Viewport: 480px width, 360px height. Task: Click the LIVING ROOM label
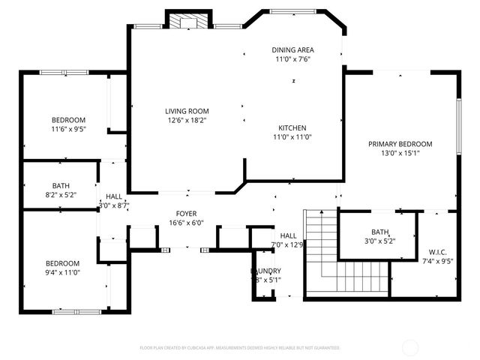tap(187, 112)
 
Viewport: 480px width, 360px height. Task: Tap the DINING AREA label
tap(292, 50)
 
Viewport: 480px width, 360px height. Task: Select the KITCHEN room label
tap(292, 127)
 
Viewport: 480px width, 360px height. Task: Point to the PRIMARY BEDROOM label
tap(400, 144)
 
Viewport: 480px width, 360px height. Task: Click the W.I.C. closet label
tap(438, 251)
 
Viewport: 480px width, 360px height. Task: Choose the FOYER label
tap(186, 214)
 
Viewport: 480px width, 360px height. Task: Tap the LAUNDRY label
tap(266, 271)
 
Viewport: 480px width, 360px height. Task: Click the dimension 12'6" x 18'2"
tap(187, 120)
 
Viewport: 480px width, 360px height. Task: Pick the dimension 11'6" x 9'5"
tap(68, 129)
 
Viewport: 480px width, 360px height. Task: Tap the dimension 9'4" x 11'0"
tap(62, 272)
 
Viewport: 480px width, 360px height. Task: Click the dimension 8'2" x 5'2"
tap(61, 194)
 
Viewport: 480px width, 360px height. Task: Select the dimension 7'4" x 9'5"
tap(438, 261)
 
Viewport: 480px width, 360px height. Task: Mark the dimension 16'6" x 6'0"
tap(186, 223)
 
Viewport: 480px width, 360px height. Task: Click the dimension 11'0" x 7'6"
tap(292, 59)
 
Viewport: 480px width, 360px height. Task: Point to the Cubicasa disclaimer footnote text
tap(240, 348)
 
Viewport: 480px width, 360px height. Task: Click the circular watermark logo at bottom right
tap(410, 347)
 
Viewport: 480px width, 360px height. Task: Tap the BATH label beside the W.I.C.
tap(379, 232)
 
